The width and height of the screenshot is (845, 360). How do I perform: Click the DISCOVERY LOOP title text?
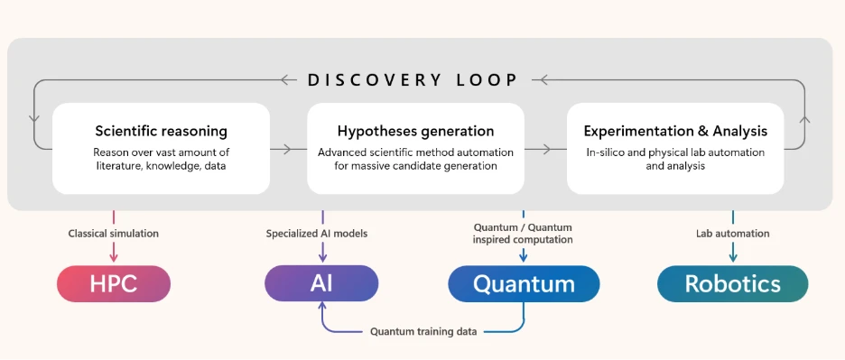point(413,79)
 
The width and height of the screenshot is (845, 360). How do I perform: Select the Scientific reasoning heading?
point(161,131)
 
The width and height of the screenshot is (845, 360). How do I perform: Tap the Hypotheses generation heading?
point(415,131)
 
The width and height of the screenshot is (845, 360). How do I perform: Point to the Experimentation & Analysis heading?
point(675,131)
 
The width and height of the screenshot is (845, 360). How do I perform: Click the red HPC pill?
point(113,283)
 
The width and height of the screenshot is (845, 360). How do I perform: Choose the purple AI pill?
point(321,283)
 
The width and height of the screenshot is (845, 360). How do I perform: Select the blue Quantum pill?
point(524,283)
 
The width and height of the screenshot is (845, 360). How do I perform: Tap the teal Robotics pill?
point(732,283)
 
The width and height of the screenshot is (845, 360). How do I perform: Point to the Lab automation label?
point(732,234)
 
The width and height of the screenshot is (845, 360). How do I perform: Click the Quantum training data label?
point(423,331)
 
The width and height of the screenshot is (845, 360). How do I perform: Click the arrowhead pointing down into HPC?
point(114,259)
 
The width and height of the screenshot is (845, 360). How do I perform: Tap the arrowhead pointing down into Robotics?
point(732,259)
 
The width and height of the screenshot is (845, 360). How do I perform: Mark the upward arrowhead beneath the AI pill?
point(321,308)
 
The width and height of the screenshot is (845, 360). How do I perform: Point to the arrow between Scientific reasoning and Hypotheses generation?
point(287,148)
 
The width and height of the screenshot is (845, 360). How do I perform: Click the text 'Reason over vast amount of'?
point(161,152)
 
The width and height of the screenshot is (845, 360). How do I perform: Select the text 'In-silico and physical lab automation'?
point(675,152)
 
